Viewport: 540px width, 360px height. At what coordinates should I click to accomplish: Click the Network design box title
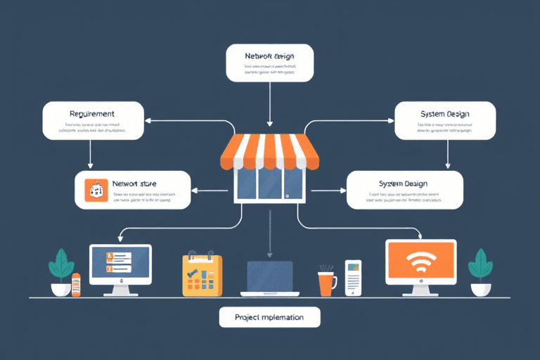point(269,56)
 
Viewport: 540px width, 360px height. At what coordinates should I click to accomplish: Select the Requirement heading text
point(92,113)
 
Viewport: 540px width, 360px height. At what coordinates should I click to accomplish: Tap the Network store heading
point(134,184)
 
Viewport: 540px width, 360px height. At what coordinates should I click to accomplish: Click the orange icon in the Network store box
point(95,190)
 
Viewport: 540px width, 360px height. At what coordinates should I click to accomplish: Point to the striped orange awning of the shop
point(269,152)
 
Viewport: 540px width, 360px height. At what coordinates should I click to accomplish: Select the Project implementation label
point(269,317)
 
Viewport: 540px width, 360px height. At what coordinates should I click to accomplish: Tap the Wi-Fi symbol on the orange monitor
point(420,262)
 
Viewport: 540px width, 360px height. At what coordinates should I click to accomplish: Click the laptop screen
point(269,275)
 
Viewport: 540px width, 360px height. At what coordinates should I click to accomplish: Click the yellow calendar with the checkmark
point(201,274)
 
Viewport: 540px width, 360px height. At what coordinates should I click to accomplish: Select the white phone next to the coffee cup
point(353,278)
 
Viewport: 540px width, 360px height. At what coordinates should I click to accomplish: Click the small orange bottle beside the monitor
point(76,284)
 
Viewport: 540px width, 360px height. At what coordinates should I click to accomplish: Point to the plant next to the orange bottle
point(61,271)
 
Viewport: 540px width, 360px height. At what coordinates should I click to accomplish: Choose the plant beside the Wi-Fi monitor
point(482,271)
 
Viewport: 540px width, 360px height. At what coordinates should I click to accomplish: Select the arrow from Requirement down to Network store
point(91,153)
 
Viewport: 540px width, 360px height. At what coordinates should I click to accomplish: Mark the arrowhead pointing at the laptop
point(269,254)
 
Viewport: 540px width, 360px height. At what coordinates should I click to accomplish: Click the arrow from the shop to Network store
point(211,190)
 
